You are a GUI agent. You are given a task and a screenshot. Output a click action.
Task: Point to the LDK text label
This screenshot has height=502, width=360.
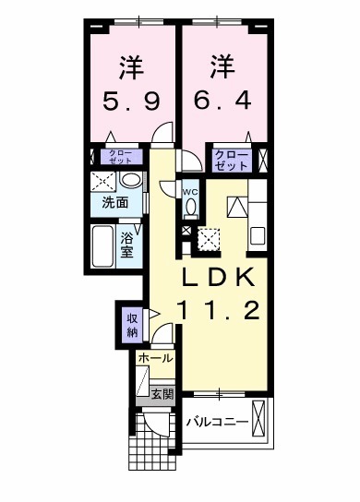pos(224,277)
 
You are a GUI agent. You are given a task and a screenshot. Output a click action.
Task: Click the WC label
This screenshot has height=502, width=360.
pos(190,192)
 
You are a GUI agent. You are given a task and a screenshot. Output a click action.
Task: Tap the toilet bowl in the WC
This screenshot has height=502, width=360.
pos(190,207)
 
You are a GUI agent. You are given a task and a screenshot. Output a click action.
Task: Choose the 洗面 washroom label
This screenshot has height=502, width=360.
pos(115,203)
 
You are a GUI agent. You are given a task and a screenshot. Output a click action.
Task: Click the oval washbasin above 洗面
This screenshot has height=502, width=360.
pos(132,180)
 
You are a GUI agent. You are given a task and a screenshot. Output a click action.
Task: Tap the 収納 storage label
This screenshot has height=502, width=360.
pos(132,325)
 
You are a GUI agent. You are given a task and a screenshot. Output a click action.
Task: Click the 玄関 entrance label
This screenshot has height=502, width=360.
pos(162,394)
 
